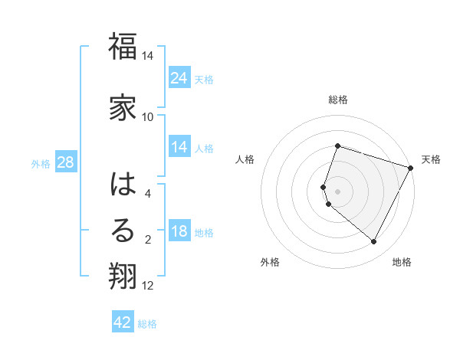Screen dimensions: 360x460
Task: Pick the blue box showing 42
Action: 123,322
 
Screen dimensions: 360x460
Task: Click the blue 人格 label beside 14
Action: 204,148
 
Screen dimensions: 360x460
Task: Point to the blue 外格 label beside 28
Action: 41,163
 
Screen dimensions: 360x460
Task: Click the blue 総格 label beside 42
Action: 147,323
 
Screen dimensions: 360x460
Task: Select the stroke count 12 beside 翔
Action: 148,286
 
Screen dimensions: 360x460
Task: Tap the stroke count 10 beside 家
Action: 148,116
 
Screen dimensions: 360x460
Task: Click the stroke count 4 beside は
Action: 149,194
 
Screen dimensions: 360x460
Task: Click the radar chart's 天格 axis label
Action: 431,159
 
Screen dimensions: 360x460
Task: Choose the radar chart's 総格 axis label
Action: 338,100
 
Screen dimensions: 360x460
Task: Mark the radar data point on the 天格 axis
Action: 410,168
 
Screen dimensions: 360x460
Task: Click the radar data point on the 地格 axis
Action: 374,242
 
